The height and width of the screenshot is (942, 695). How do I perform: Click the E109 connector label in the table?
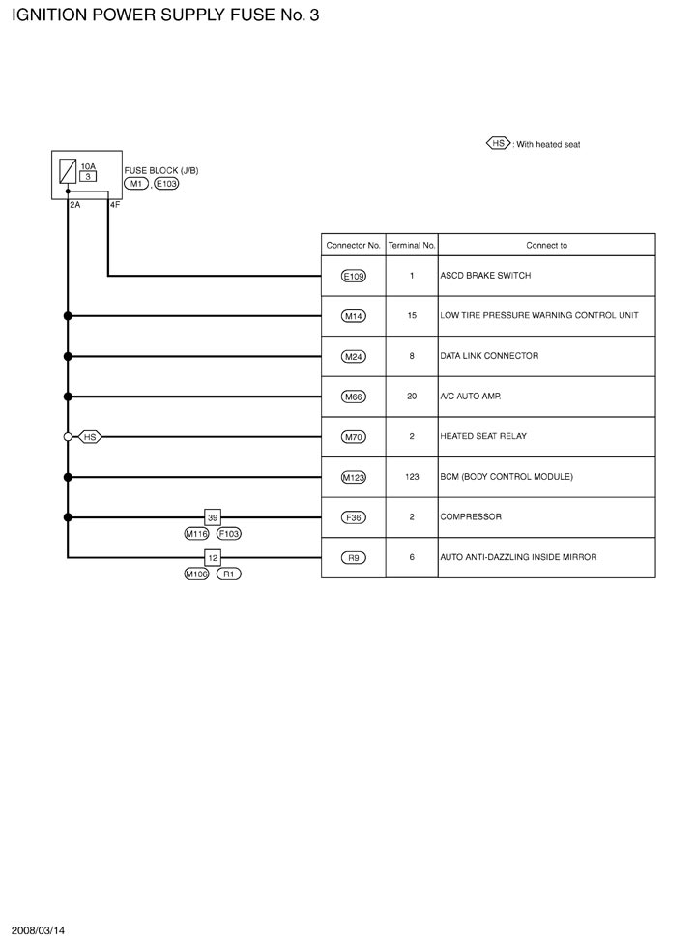pyautogui.click(x=354, y=276)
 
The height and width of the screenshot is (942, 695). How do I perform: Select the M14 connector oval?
pyautogui.click(x=354, y=315)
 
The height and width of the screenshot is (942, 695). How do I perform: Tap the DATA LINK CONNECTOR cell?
pyautogui.click(x=489, y=356)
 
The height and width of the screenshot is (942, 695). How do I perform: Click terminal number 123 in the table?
pyautogui.click(x=412, y=477)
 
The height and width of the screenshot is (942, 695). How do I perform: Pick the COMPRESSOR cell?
pyautogui.click(x=471, y=517)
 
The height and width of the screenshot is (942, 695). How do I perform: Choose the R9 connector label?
pyautogui.click(x=354, y=557)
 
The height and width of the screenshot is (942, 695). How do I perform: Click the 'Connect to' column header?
pyautogui.click(x=546, y=246)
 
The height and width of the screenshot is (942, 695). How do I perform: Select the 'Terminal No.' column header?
pyautogui.click(x=412, y=246)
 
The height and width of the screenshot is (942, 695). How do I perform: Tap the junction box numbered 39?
pyautogui.click(x=214, y=517)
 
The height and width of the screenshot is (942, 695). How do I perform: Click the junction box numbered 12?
pyautogui.click(x=214, y=557)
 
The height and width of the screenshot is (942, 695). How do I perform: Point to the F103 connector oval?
pyautogui.click(x=229, y=533)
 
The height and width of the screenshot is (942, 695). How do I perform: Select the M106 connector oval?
pyautogui.click(x=197, y=574)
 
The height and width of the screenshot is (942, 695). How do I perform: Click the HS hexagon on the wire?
pyautogui.click(x=90, y=437)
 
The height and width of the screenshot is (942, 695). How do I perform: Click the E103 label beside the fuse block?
pyautogui.click(x=166, y=184)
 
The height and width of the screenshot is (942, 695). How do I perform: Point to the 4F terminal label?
pyautogui.click(x=115, y=205)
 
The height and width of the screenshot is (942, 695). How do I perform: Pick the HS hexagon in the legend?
pyautogui.click(x=498, y=143)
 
